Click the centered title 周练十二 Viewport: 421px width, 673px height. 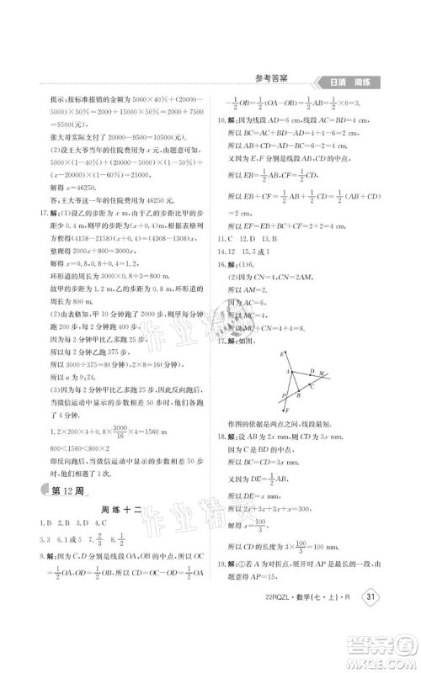(x=119, y=511)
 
